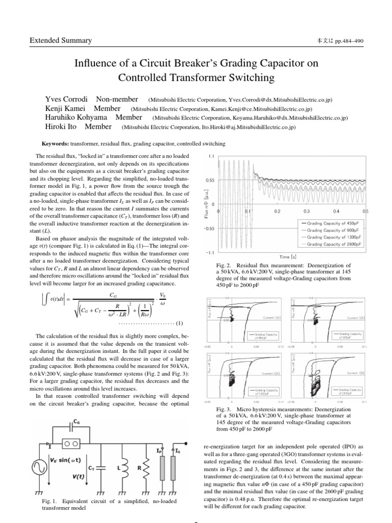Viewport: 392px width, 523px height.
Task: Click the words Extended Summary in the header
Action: pyautogui.click(x=60, y=40)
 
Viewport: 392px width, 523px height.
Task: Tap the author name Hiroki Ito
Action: pyautogui.click(x=62, y=127)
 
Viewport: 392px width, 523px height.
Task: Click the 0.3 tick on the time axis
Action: pyautogui.click(x=307, y=211)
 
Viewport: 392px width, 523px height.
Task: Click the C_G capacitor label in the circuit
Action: pyautogui.click(x=76, y=422)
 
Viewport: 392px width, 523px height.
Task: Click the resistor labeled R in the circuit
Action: pyautogui.click(x=145, y=466)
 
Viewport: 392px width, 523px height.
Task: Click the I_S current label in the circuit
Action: pyautogui.click(x=177, y=451)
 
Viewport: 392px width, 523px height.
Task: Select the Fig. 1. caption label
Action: pyautogui.click(x=51, y=501)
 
